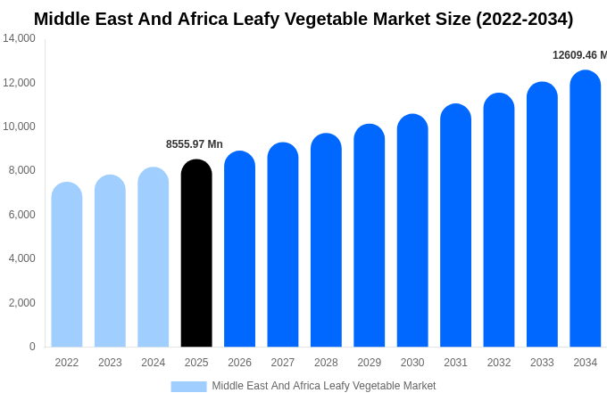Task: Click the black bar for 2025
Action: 196,254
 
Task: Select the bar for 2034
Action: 586,209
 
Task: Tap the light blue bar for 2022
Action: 67,265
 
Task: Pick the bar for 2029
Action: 370,236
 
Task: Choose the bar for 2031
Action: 455,226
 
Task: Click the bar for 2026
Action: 239,250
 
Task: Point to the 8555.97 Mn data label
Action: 195,144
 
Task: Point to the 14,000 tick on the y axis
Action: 20,38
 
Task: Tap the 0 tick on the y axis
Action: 32,347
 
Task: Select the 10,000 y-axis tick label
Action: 20,127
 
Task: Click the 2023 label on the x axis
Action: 110,363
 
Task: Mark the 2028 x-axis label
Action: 326,363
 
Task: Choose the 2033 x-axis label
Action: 542,363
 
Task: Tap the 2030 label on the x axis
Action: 412,363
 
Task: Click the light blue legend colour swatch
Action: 188,386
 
